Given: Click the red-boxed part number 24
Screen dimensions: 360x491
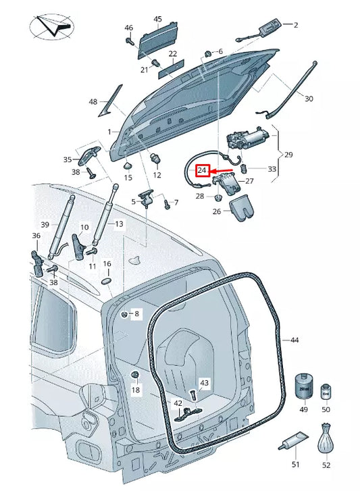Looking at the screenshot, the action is coord(202,171).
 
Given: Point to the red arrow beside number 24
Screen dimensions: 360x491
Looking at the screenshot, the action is coord(221,171).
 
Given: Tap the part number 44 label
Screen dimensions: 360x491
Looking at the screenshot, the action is coord(294,340).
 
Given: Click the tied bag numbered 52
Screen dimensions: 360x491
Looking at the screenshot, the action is coord(326,438).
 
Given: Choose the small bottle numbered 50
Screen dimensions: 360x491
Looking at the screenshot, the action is coord(326,392).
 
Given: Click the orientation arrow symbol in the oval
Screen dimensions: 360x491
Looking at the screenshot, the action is coord(52,26).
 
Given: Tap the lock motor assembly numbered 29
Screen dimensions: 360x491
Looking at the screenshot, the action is coord(248,138).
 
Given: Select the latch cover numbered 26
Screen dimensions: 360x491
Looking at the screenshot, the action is coord(242,208).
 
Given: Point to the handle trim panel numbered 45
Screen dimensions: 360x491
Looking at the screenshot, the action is coord(157,40).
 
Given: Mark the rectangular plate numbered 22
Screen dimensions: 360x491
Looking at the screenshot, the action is coord(172,69).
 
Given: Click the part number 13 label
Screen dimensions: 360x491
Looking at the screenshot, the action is coord(119,224).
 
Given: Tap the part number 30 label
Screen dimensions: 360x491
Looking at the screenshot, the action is coord(309,99).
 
